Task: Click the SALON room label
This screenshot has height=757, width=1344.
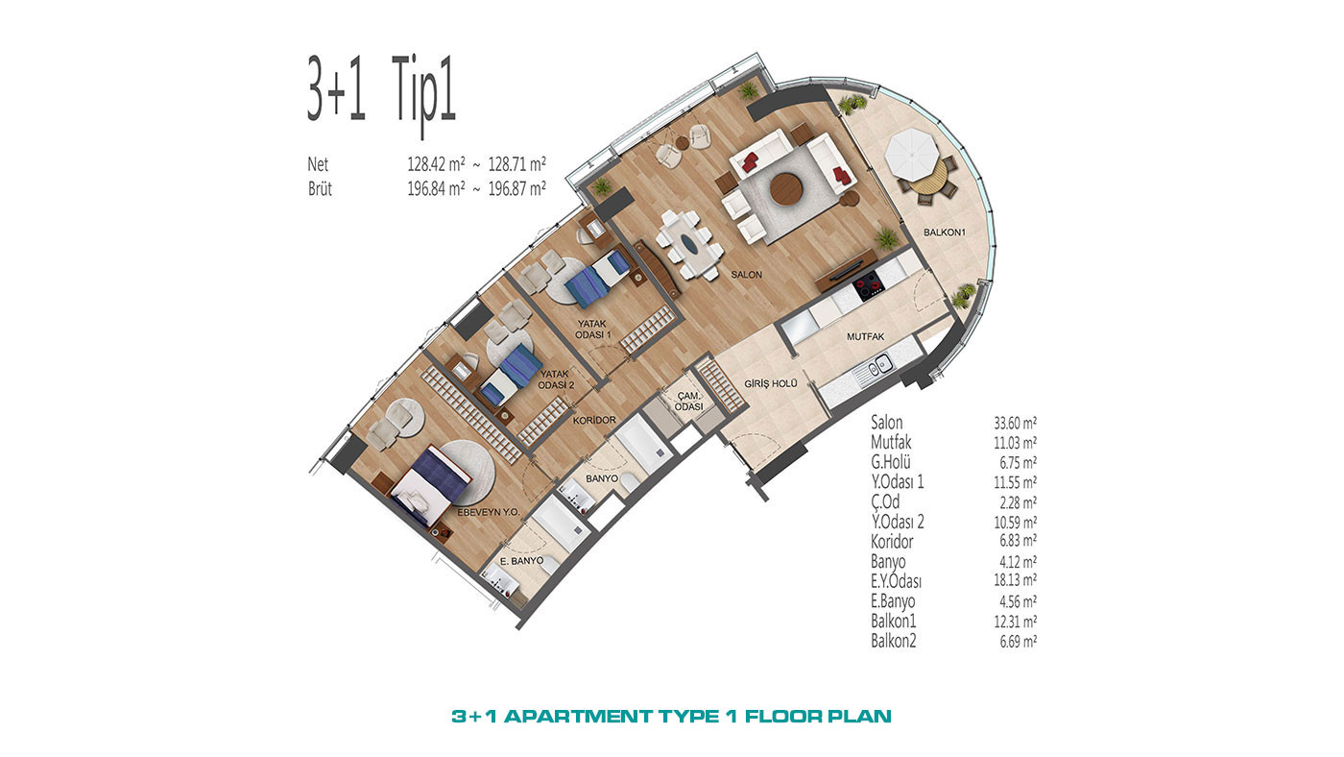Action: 747,275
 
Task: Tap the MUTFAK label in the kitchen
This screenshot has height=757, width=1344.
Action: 865,337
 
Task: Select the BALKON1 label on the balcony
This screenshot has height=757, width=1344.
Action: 945,232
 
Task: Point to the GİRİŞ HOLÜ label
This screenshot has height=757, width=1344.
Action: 770,383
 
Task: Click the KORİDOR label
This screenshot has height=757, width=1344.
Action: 594,420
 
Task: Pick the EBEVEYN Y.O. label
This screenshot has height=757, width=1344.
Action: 489,513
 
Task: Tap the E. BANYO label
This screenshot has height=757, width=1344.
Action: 521,561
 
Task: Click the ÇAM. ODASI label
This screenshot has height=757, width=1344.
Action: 688,401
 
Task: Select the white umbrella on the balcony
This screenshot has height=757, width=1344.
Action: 912,153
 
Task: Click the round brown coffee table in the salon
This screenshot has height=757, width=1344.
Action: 786,189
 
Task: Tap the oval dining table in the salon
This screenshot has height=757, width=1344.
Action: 689,245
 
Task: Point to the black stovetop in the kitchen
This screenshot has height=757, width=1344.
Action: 868,285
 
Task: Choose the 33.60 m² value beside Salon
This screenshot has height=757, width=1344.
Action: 1016,424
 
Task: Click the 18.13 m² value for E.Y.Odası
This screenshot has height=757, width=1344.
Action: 1016,580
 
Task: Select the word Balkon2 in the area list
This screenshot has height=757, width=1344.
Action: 894,641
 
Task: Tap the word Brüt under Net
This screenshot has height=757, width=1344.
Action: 320,189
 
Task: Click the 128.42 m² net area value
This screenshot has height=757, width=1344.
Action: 436,164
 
